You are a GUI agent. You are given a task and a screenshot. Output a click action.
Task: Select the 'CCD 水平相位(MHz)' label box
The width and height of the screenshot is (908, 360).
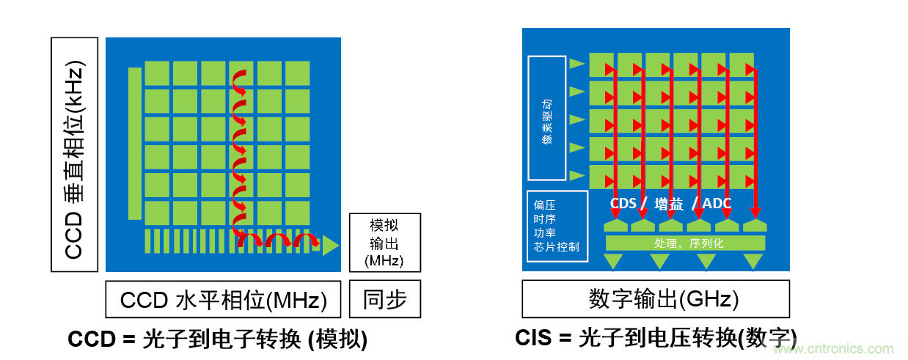[223, 299]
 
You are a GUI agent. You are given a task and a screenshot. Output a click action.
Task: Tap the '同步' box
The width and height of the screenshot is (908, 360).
[384, 299]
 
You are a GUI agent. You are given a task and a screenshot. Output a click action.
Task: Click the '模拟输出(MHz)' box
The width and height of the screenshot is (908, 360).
[384, 243]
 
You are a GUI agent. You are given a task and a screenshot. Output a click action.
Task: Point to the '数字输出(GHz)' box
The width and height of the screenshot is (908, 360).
[656, 299]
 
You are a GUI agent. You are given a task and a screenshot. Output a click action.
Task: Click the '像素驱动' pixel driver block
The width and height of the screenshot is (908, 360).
[547, 118]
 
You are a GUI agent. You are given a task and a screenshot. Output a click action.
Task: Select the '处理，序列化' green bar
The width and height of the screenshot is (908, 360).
[684, 243]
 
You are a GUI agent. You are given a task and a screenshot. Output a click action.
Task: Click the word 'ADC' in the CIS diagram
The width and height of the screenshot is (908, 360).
[717, 203]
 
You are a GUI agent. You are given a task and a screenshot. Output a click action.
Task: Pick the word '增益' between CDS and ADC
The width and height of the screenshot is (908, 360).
[670, 203]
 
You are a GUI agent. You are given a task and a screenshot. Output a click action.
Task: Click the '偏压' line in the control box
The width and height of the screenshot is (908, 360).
[544, 205]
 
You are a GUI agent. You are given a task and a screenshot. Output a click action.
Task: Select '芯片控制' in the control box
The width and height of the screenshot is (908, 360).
[557, 246]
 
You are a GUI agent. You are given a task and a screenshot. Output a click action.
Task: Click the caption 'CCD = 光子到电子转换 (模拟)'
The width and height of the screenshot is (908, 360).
[217, 339]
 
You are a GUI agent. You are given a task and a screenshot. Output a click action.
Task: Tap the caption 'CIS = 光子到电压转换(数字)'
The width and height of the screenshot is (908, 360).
[655, 337]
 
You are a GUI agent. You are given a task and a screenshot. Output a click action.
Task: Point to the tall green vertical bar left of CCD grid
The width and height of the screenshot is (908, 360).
[134, 144]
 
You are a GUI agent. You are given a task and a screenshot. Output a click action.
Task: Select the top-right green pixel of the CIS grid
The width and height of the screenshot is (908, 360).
[740, 63]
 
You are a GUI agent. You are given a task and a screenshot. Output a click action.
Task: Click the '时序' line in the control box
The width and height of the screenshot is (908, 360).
[544, 218]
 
